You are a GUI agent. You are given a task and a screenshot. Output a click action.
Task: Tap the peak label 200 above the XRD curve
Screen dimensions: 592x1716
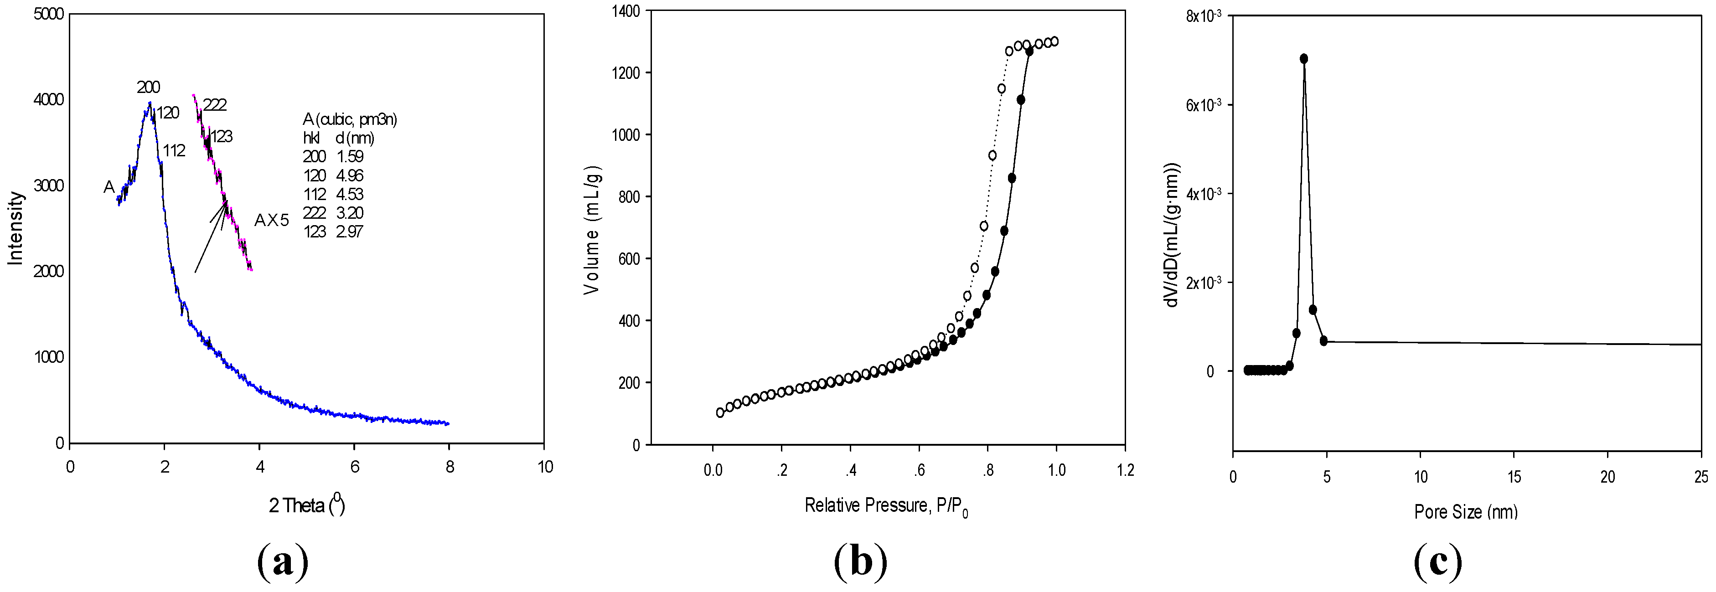(x=149, y=87)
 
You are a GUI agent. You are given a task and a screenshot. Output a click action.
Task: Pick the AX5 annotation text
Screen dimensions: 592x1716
(x=272, y=221)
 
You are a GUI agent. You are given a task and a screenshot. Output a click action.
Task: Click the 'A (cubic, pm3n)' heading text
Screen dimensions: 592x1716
(x=350, y=120)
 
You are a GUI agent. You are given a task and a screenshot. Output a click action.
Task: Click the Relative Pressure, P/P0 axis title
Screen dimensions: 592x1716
(x=886, y=506)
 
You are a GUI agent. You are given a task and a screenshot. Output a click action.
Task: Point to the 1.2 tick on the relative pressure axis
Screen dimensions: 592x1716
(x=1125, y=470)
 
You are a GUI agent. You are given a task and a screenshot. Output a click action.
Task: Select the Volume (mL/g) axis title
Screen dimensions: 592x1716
(x=592, y=228)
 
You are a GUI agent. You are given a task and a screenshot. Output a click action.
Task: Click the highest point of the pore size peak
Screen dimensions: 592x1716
(x=1304, y=59)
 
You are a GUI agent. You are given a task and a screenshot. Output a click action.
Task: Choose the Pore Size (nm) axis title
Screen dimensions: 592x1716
(x=1466, y=511)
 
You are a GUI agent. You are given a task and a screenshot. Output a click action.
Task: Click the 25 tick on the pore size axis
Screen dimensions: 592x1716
(x=1700, y=477)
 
